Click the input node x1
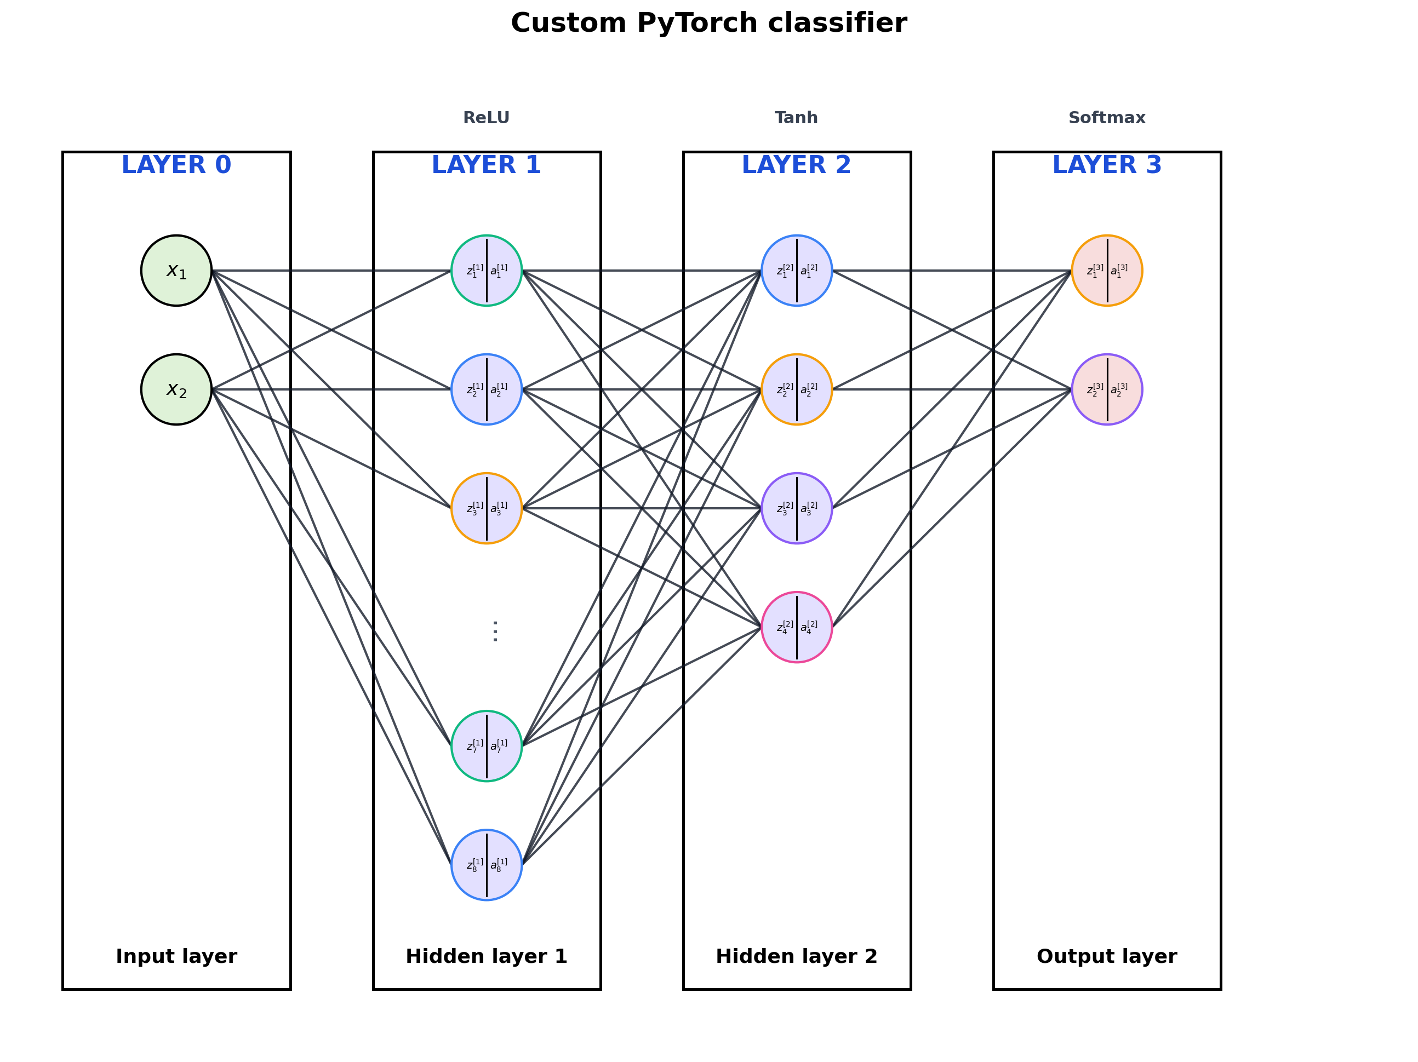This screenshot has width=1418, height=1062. coord(176,271)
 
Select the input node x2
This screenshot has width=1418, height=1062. coord(176,389)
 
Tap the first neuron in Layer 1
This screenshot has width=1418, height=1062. coord(487,271)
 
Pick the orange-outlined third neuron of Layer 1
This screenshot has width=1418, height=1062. coord(487,508)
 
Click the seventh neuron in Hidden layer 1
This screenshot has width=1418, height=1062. coord(487,746)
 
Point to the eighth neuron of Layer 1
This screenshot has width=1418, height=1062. coord(487,865)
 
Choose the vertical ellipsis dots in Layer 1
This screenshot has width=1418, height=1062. coord(495,632)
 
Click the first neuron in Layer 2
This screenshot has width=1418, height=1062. coord(797,271)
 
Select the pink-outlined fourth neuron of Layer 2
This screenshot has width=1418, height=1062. coord(797,627)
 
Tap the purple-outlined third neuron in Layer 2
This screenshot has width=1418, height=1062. coord(797,508)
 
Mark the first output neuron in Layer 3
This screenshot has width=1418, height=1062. coord(1107,271)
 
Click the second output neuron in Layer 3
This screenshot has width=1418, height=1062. coord(1107,389)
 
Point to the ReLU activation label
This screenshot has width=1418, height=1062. coord(487,118)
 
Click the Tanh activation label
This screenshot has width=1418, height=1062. coord(796,118)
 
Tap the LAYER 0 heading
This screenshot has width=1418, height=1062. coord(176,165)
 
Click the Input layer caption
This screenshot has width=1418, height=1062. coord(176,956)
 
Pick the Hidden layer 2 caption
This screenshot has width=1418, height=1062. coord(796,956)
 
